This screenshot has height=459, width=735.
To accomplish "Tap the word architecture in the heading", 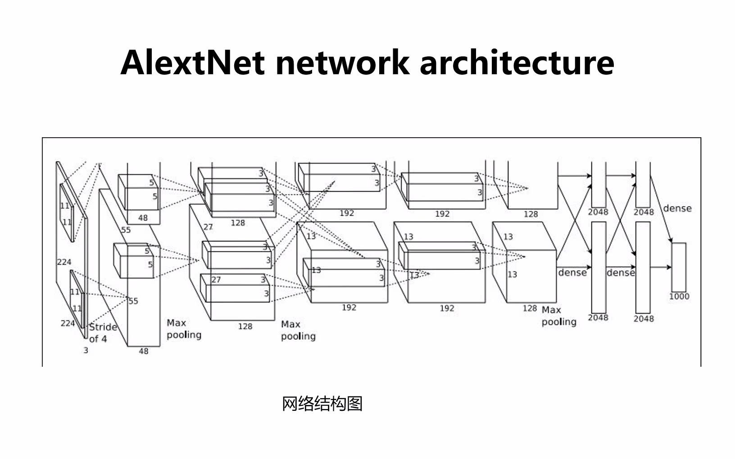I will [517, 62].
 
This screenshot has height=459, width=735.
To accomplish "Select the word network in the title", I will [342, 62].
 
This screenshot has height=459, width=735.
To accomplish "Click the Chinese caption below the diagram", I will [322, 404].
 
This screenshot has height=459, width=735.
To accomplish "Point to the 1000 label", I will [679, 297].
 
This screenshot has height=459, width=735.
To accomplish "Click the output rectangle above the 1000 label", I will [679, 267].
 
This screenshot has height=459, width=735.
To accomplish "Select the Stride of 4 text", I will [103, 333].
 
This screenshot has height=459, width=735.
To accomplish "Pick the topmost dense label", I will [677, 208].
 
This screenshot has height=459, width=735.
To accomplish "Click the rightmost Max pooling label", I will [558, 316].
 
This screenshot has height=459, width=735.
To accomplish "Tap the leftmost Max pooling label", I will [184, 329].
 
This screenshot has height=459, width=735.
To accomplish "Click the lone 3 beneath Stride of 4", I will [86, 350].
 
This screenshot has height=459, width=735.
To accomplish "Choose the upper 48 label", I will [143, 218].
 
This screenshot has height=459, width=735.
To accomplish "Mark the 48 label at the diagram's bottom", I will [143, 351].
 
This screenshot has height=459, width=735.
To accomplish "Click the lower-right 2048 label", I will [643, 319].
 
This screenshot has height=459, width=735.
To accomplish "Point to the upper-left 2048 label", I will [598, 212].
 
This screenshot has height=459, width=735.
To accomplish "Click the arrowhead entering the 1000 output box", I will [669, 267].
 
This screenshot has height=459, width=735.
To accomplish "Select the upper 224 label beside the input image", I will [64, 262].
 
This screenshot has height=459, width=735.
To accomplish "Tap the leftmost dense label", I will [572, 273].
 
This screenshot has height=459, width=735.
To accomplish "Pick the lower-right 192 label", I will [447, 308].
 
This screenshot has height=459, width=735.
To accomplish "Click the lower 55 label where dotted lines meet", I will [133, 301].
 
